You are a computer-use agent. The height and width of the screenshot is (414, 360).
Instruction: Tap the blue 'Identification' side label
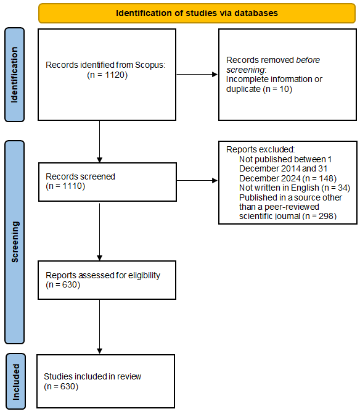coord(15,74)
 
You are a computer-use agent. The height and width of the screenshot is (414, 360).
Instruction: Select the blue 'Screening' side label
coord(15,242)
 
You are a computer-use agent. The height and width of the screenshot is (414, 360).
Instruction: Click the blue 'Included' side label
coord(15,380)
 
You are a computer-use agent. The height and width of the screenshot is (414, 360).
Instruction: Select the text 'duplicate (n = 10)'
coord(260,89)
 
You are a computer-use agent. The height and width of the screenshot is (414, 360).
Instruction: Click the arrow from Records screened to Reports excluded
coord(197,181)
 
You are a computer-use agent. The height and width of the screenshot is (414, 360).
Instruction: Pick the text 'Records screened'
coord(80,176)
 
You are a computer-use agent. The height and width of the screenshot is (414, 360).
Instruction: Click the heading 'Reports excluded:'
coord(260,149)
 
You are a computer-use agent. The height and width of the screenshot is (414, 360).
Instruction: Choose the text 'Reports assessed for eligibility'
coord(103,276)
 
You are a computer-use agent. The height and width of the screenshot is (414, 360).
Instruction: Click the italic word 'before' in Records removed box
coord(308,60)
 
